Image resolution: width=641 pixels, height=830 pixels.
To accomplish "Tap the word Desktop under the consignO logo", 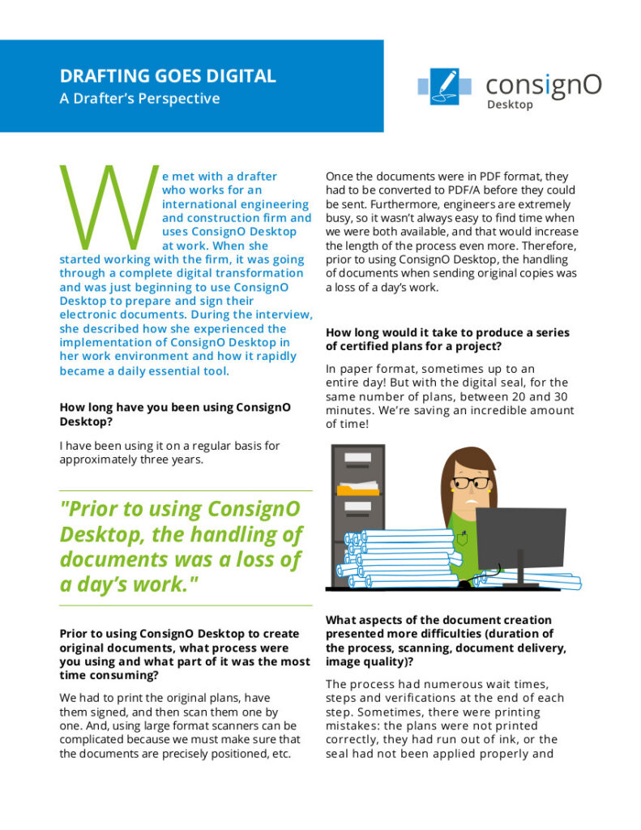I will tap(510, 105).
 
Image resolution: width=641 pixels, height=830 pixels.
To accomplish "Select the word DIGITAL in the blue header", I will tap(241, 76).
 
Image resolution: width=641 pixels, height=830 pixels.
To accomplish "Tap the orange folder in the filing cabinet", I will tap(357, 489).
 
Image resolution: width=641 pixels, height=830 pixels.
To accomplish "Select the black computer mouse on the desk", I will tap(465, 583).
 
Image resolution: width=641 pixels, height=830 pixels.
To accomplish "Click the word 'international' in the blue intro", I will tap(202, 204).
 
